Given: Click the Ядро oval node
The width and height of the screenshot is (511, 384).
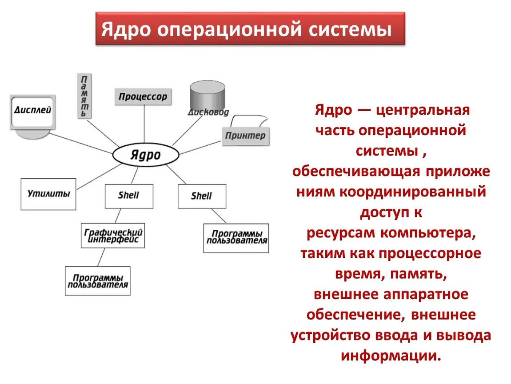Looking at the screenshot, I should [x=145, y=155].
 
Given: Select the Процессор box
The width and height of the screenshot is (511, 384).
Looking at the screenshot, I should [x=143, y=96].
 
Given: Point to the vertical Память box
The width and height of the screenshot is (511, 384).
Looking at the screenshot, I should [x=84, y=96].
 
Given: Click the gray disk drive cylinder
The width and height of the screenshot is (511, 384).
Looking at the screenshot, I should [x=207, y=96].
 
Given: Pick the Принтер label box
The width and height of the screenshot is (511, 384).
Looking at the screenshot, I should [x=245, y=136].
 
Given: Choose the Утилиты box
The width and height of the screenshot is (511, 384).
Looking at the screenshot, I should [x=48, y=194].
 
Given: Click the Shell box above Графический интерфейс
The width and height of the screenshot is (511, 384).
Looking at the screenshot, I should [x=129, y=196].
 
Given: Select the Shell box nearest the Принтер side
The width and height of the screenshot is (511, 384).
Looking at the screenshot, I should [x=202, y=196].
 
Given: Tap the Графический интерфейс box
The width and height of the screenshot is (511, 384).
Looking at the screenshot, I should [x=113, y=236].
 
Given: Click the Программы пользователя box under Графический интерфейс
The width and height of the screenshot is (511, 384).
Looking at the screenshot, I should [x=98, y=281].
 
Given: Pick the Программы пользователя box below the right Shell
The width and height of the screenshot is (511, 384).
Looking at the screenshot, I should [x=236, y=238].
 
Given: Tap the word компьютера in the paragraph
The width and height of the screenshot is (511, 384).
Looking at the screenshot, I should [x=427, y=232].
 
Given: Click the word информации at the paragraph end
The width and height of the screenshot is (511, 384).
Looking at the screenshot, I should [x=391, y=356].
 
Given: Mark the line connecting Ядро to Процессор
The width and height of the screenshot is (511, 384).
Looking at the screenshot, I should [x=144, y=124].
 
